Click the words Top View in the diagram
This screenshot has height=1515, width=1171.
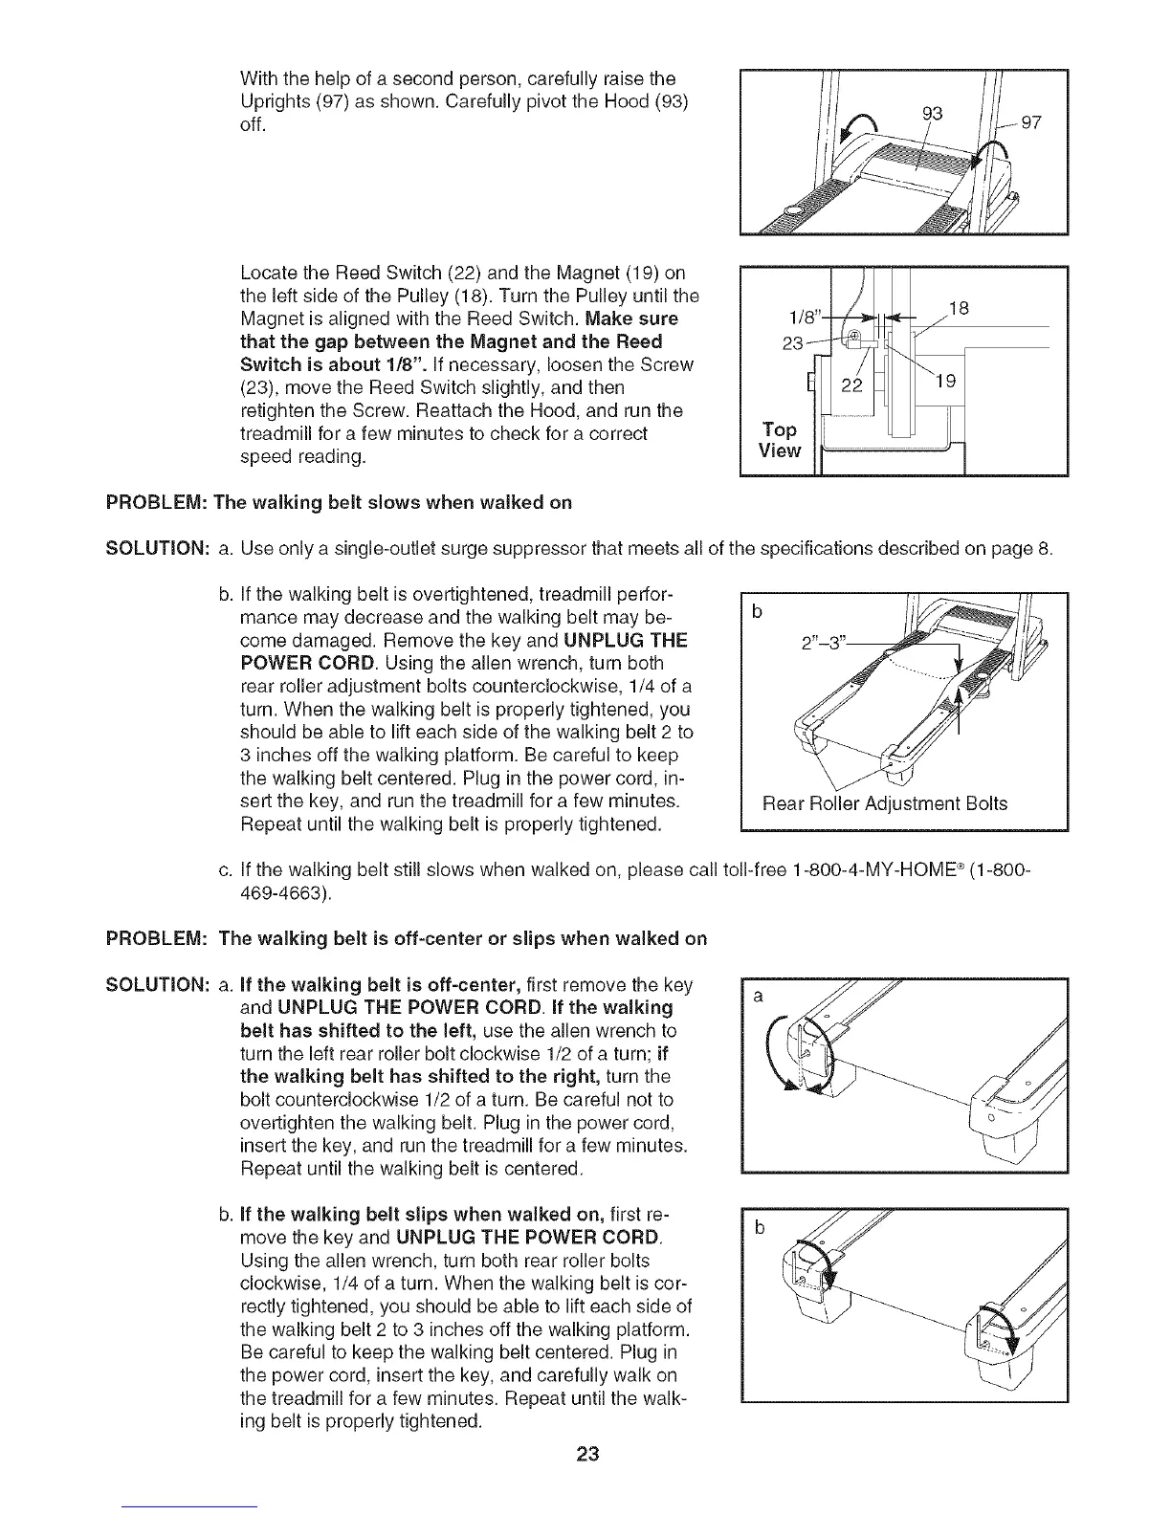click(x=780, y=439)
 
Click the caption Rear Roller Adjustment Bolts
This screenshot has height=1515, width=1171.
click(x=884, y=803)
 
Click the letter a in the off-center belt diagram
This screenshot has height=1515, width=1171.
click(x=757, y=997)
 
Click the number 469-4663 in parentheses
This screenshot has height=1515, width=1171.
click(x=285, y=894)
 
